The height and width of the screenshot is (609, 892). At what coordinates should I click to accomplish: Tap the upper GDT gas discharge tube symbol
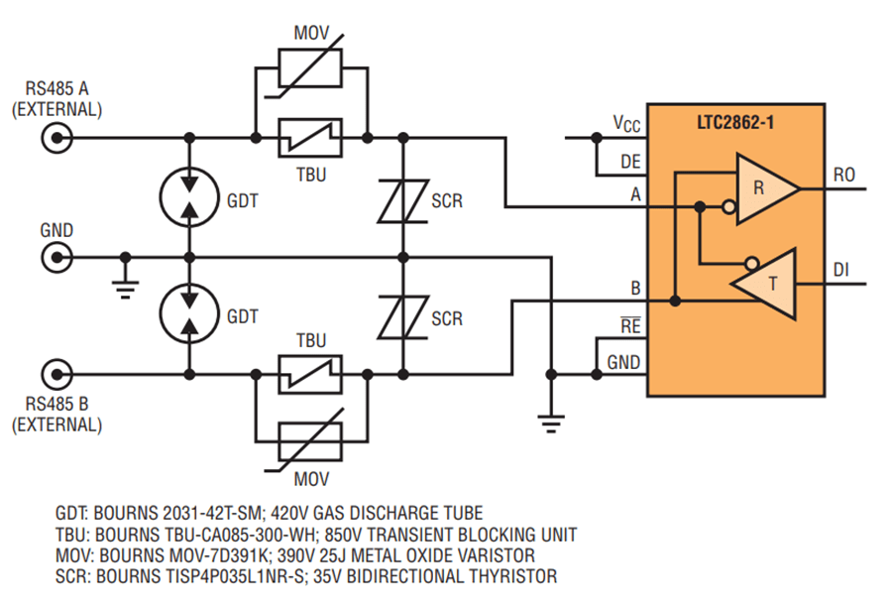click(186, 197)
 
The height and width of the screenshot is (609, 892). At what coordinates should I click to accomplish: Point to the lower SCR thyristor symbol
click(401, 317)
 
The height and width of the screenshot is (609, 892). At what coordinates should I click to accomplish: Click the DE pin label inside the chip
click(629, 161)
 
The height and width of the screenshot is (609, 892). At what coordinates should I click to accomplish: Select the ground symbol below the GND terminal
click(125, 281)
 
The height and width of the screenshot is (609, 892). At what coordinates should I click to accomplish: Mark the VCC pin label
click(626, 124)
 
